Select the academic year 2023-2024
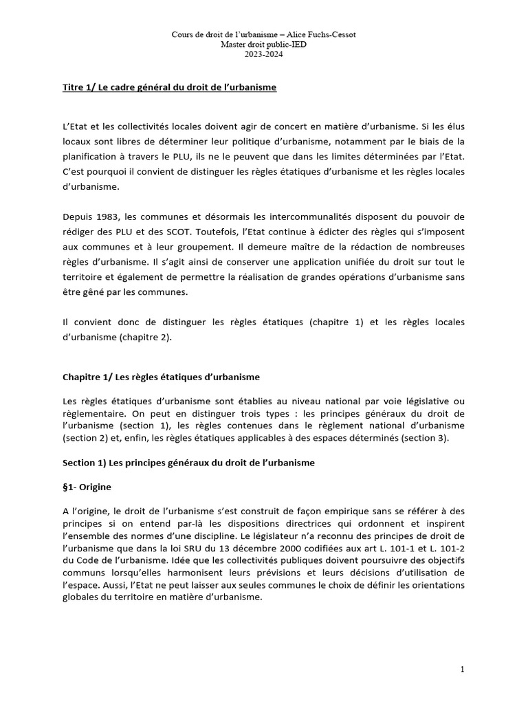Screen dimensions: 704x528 click(264, 55)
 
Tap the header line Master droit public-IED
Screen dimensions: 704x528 click(264, 45)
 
